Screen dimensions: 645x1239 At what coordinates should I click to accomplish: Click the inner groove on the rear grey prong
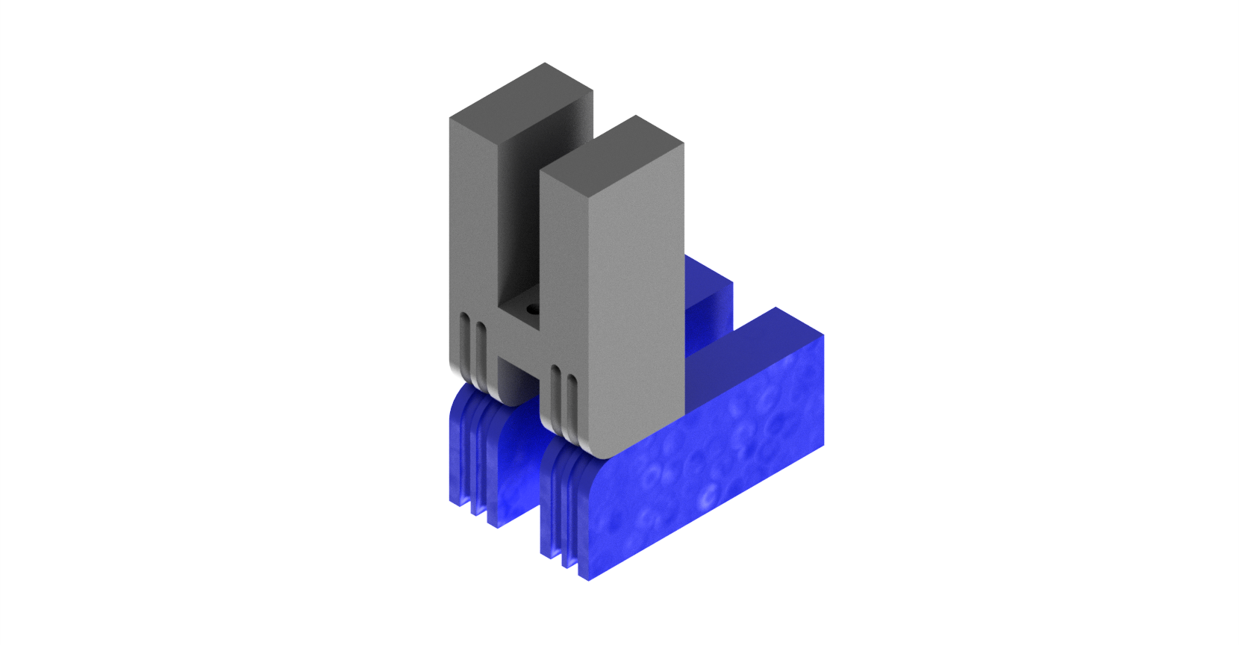click(x=481, y=355)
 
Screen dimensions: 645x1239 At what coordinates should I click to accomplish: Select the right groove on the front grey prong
click(x=572, y=407)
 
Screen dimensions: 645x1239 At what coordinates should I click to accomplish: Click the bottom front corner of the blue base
click(x=589, y=579)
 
